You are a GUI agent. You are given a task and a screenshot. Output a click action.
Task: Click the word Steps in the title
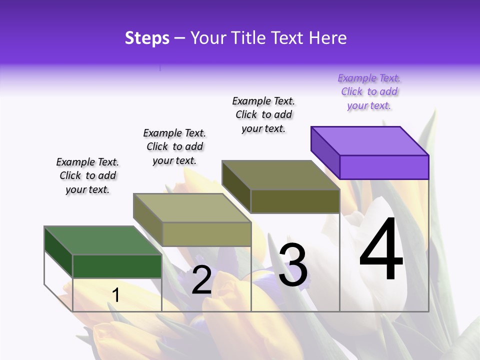pos(147,38)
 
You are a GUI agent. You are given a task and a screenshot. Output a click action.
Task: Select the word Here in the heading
pos(328,38)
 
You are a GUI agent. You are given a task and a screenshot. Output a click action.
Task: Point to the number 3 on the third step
pos(293,265)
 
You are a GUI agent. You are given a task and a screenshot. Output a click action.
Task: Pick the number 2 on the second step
pos(202,279)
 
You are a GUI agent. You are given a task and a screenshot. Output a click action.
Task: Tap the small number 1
pos(116,295)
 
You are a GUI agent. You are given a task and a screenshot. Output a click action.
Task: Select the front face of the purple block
pos(384,167)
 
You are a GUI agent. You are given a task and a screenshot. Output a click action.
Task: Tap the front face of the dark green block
pos(117,266)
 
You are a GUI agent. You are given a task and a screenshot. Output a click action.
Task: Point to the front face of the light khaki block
pos(206,234)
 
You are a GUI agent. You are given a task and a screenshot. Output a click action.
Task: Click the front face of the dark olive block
pos(295,201)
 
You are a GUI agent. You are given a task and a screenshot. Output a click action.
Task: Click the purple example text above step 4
pos(369,91)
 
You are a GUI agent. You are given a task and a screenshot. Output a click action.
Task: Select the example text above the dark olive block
pos(263,114)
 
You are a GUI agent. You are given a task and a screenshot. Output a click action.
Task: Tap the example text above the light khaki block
pos(174,146)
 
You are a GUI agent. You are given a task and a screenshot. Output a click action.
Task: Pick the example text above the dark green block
pos(87,175)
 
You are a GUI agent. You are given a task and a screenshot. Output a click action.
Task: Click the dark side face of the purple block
pos(325,152)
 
